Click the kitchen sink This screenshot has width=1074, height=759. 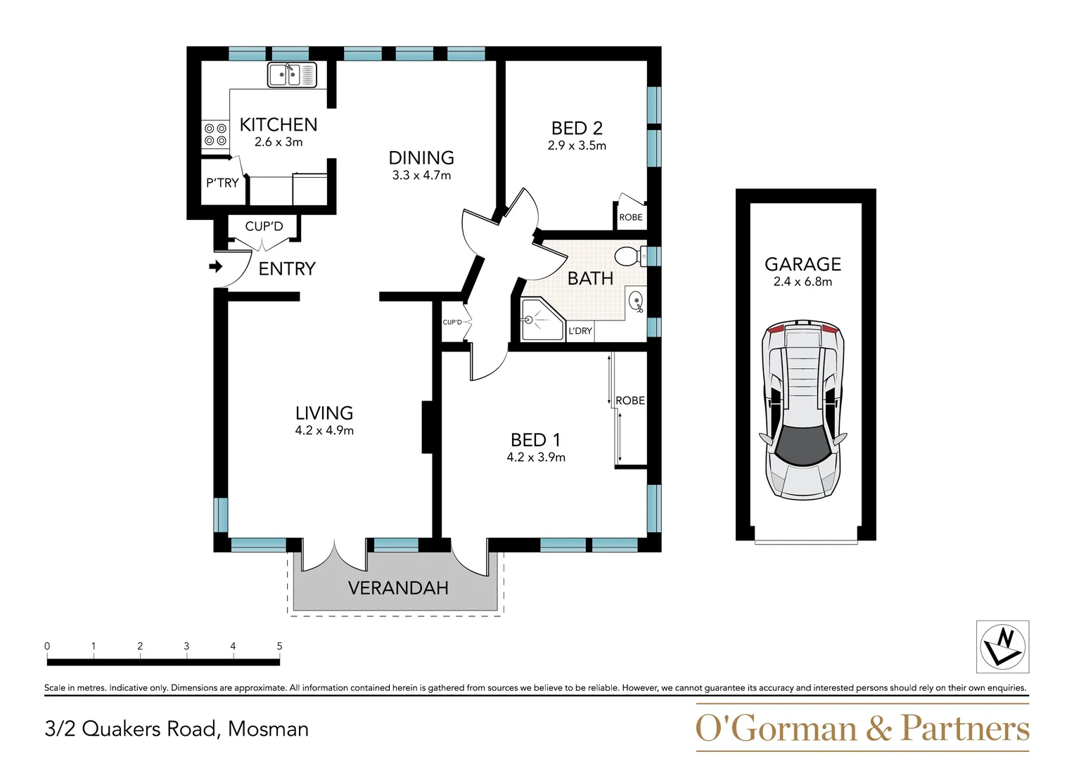pos(292,74)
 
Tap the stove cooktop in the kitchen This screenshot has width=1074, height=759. pos(215,135)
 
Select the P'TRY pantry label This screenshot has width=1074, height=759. pos(222,183)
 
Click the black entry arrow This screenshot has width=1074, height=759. pos(216,266)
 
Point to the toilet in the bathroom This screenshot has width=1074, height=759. pos(629,256)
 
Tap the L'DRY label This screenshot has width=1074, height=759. pos(580,331)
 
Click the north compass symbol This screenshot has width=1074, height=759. pos(1002,647)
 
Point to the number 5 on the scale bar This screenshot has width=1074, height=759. pos(279,646)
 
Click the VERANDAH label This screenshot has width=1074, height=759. pos(398,588)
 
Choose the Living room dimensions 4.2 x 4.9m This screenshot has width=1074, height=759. pos(324,431)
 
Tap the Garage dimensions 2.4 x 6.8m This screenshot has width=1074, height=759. pos(803,282)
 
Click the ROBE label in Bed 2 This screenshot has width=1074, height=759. pos(631,217)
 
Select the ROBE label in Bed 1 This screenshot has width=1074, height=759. pos(630,401)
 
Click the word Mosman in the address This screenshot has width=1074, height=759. pos(268,729)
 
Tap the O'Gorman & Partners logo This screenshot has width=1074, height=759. pos(862,728)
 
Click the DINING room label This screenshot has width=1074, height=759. pos(421,158)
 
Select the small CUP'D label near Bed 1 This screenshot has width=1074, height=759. pos(452,323)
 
